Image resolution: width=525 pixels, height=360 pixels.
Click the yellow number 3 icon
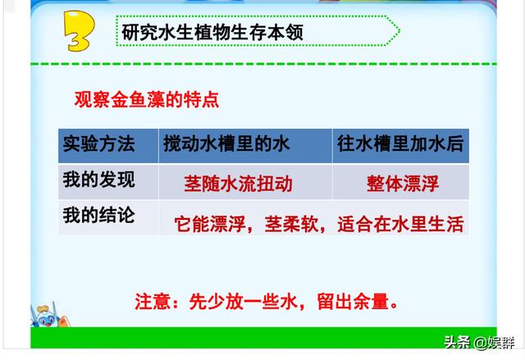pos(79,31)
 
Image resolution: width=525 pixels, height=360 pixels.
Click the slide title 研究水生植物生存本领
pos(212,32)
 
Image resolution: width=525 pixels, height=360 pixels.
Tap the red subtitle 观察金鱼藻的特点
pos(147,99)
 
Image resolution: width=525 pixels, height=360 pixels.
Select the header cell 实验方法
pos(99,144)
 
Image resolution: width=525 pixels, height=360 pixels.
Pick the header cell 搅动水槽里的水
pos(226,144)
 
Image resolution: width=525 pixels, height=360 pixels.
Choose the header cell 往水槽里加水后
pos(400,144)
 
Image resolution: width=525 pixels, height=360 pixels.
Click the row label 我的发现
pos(99,180)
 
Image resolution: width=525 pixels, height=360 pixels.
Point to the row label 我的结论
pos(99,215)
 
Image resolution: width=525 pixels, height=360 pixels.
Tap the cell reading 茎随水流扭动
pos(239,184)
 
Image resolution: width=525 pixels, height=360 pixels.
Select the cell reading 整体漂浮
pos(403,184)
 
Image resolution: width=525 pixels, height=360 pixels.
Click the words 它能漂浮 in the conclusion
pos(211,224)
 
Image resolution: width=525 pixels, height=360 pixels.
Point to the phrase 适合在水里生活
pos(400,224)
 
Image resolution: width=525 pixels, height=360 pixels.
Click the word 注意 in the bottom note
pos(153,302)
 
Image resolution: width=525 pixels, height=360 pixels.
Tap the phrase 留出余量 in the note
pos(354,302)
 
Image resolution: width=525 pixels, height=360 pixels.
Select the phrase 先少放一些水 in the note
pos(244,302)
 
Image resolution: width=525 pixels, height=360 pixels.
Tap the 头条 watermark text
pos(457,342)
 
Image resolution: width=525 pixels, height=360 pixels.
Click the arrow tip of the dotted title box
pos(399,31)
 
